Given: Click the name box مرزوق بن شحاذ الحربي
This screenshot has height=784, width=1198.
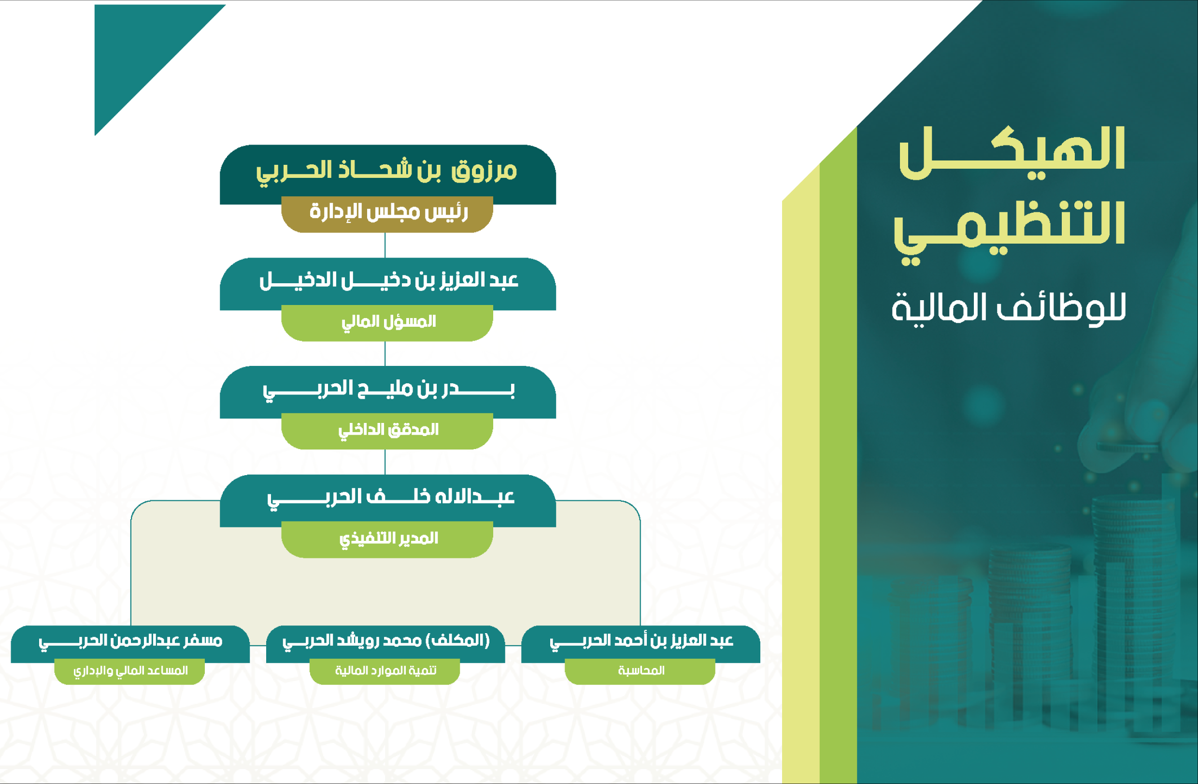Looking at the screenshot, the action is coord(387,174).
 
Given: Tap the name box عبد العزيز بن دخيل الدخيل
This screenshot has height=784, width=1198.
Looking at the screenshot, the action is coord(387,284).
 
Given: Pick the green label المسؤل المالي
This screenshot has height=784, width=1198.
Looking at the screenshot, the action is coord(387,323).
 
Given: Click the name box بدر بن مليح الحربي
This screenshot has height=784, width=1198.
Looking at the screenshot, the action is coord(387,392).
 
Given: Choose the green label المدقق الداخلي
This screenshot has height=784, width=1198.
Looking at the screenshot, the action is coord(387,431).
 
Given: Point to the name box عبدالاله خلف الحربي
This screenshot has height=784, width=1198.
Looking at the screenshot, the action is coord(387,500).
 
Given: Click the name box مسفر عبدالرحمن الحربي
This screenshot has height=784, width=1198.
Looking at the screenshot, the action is coord(130,644).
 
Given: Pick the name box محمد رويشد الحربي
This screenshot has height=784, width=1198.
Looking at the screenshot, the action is coord(385,644).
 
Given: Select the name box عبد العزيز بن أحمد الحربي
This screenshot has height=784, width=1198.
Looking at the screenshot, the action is coord(641,644).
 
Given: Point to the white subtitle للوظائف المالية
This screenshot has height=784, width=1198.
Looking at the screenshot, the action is coord(1009,309).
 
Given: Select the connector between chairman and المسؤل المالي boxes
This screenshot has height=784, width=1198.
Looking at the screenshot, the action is coord(385,245).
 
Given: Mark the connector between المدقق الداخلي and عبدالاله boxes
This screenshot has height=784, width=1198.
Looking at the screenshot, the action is coord(385,462).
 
